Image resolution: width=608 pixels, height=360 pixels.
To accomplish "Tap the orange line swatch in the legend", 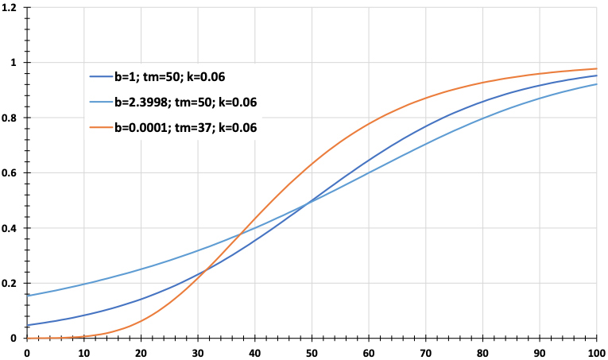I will click(100, 126).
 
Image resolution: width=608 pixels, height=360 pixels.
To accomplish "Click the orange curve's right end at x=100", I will click(596, 68).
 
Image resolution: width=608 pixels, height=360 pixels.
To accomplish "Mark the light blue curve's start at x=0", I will click(28, 296).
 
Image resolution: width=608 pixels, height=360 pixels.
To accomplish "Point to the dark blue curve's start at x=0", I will click(28, 325).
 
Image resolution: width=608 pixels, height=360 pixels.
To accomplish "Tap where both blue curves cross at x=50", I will click(312, 200).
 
